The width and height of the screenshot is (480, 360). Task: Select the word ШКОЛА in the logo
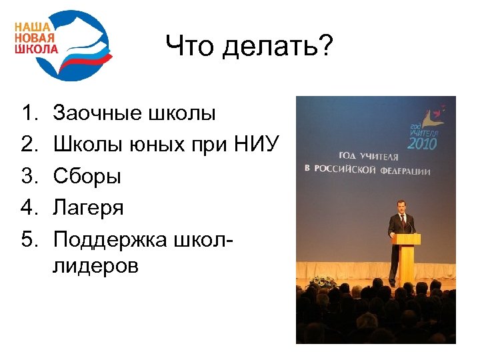[37, 49]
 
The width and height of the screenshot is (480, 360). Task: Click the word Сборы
[87, 176]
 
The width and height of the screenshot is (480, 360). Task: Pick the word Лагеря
[89, 208]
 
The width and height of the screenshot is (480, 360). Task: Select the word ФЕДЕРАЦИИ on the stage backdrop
[407, 171]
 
